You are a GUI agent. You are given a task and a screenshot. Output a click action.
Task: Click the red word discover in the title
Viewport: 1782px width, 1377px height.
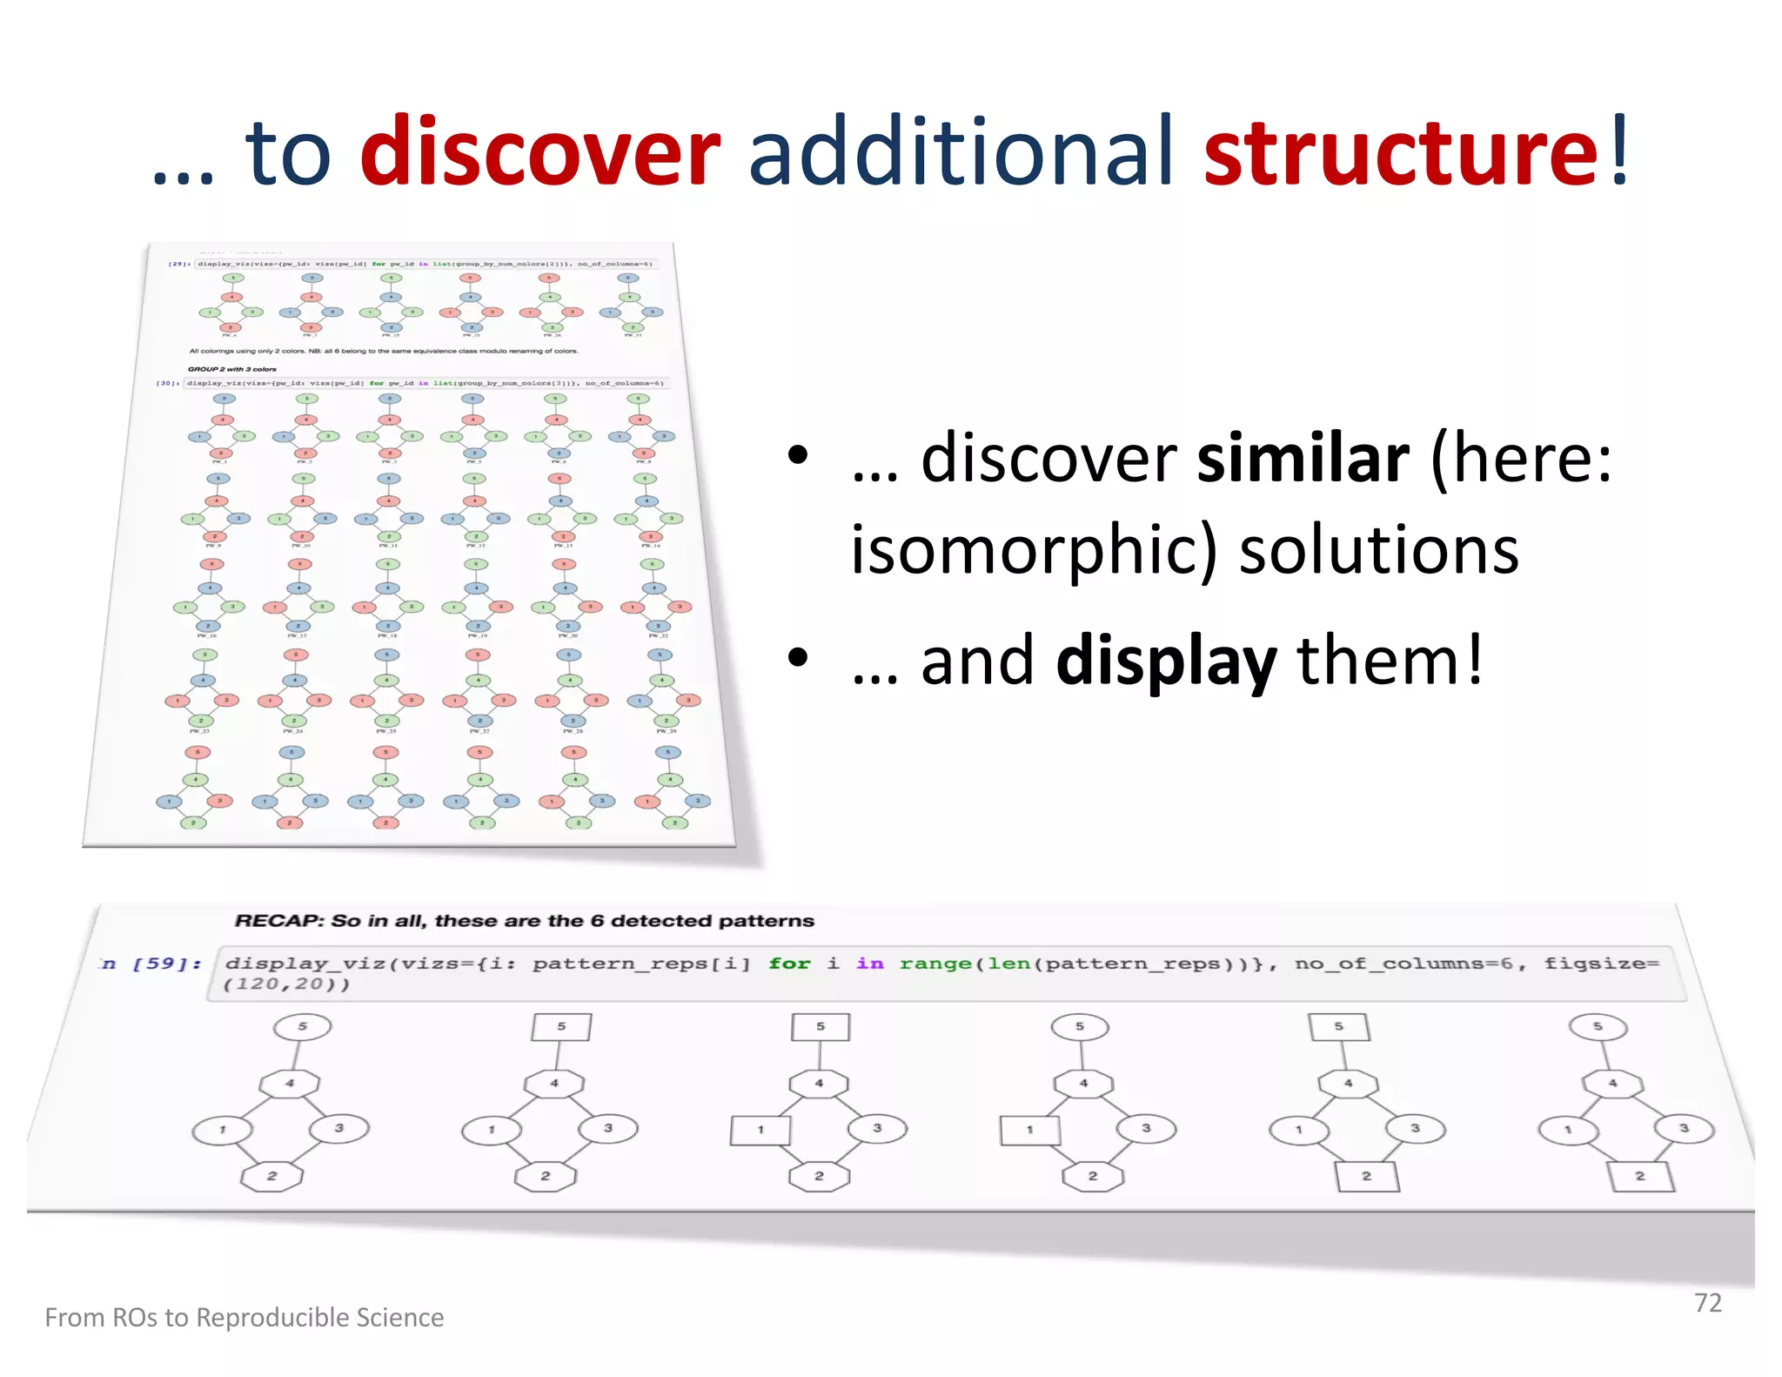pyautogui.click(x=539, y=153)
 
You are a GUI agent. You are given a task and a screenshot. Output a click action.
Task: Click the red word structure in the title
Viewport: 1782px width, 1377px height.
pyautogui.click(x=1401, y=153)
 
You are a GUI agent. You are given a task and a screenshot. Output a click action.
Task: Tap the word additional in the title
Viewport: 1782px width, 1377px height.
pyautogui.click(x=961, y=153)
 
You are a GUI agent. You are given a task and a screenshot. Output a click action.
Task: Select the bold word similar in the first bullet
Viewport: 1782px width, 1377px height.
pyautogui.click(x=1303, y=460)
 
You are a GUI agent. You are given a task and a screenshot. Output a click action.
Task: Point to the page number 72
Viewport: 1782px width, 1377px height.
pyautogui.click(x=1707, y=1302)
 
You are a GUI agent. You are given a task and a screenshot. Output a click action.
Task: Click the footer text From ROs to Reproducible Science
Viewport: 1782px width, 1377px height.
pyautogui.click(x=245, y=1317)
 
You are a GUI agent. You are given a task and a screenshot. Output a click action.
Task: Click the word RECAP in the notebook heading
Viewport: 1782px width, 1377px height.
pyautogui.click(x=278, y=921)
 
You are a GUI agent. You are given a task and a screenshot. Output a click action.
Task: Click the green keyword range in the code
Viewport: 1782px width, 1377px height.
pyautogui.click(x=935, y=964)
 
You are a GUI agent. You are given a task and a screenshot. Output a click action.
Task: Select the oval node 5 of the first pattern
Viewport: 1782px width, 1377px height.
pyautogui.click(x=302, y=1026)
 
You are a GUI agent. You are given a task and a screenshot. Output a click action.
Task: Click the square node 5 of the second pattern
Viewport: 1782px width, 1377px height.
pyautogui.click(x=561, y=1026)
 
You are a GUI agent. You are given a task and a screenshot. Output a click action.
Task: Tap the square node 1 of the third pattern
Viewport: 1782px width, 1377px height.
pyautogui.click(x=760, y=1130)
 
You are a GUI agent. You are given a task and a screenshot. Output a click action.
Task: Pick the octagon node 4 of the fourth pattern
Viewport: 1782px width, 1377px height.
pyautogui.click(x=1083, y=1084)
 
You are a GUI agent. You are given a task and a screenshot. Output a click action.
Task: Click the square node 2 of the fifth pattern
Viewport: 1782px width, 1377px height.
pyautogui.click(x=1366, y=1176)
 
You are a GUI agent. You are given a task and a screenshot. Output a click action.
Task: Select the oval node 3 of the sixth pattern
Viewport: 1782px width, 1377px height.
pyautogui.click(x=1685, y=1129)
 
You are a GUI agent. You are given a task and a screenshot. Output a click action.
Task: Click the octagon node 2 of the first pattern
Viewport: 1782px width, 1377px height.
pyautogui.click(x=271, y=1176)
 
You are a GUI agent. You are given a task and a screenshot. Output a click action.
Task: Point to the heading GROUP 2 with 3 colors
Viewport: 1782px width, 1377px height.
pyautogui.click(x=231, y=369)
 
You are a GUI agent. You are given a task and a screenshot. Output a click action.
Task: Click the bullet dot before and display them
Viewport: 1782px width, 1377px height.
pyautogui.click(x=797, y=658)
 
